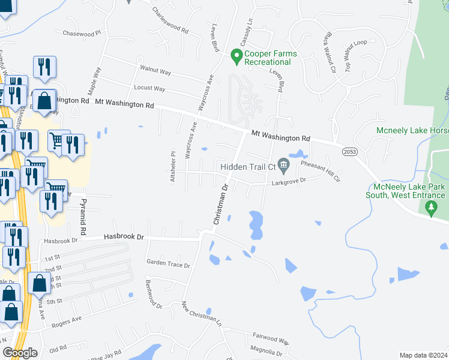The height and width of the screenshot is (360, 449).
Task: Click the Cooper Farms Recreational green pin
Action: coord(237,58)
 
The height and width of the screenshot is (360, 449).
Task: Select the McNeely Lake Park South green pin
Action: coord(430,208)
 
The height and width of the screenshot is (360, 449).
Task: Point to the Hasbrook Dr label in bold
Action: coord(124,237)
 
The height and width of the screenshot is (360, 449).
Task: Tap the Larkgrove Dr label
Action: coord(289,179)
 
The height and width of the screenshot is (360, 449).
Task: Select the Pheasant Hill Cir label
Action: coord(321,171)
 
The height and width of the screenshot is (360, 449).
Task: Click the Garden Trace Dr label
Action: coord(168,264)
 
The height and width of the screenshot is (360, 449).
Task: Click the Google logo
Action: coord(19,353)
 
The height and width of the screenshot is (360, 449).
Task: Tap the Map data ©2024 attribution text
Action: coord(423,355)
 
